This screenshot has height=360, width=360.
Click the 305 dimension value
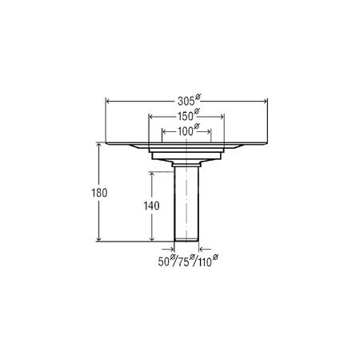pyautogui.click(x=186, y=102)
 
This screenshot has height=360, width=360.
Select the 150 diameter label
pyautogui.click(x=185, y=116)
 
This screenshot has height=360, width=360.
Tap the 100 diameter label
pyautogui.click(x=185, y=131)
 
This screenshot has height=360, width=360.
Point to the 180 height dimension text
pyautogui.click(x=99, y=193)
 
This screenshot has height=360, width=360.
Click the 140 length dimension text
pyautogui.click(x=151, y=206)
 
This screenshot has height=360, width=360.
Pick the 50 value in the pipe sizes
pyautogui.click(x=164, y=262)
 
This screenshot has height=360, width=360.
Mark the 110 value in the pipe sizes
pyautogui.click(x=205, y=262)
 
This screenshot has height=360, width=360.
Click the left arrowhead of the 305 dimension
pyautogui.click(x=108, y=101)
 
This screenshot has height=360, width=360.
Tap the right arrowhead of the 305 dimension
pyautogui.click(x=265, y=101)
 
